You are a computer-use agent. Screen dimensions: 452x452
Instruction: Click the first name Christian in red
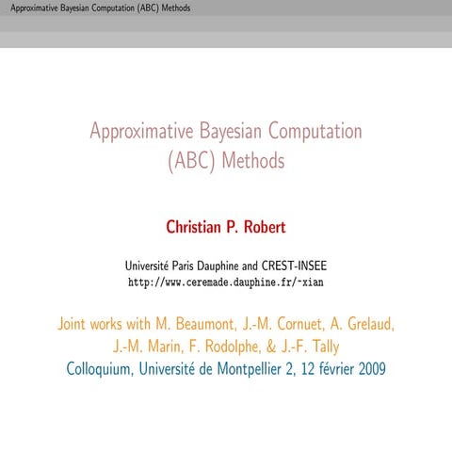point(196,227)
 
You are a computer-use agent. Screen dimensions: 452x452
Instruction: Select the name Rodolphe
point(239,346)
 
